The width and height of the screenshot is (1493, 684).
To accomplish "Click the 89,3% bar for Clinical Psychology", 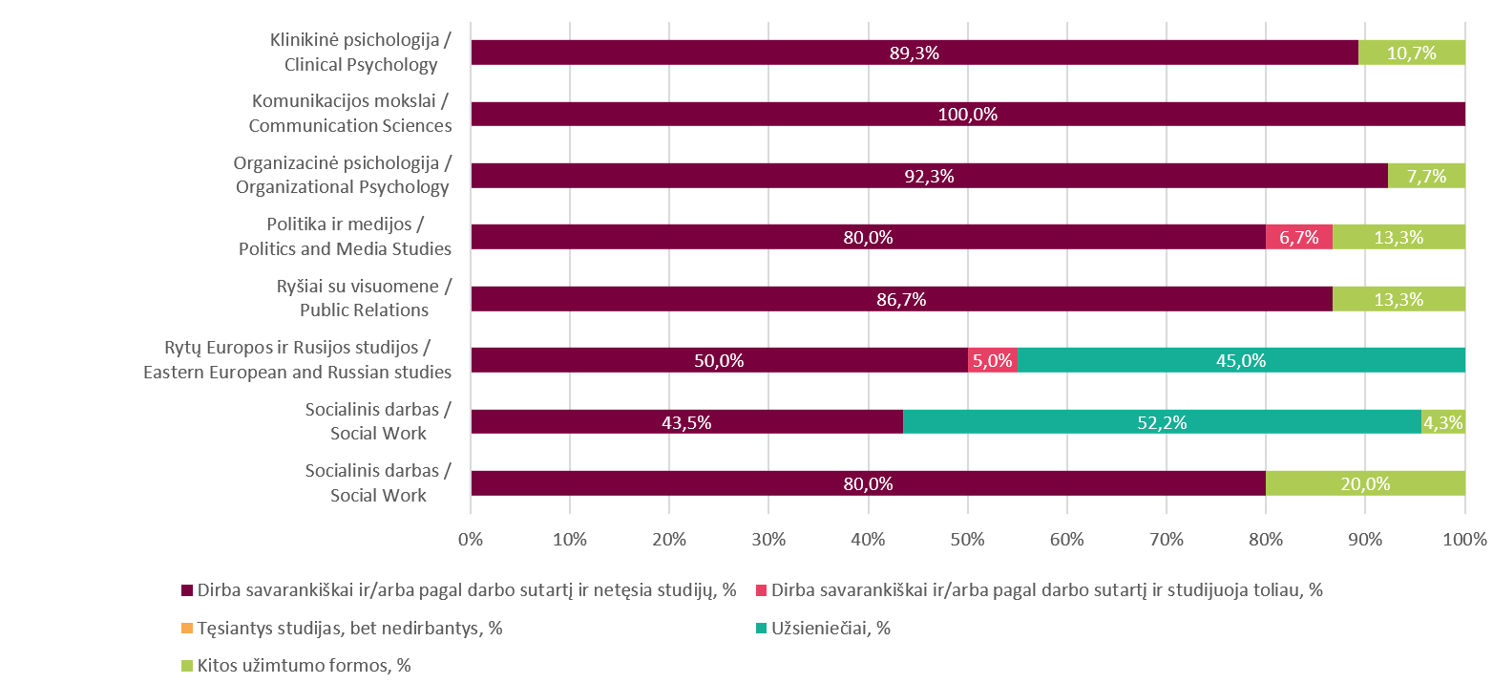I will coord(915,53).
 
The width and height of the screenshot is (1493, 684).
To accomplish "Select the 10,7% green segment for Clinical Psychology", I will coord(1411,53).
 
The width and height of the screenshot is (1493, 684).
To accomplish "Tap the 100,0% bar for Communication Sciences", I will coord(968,114).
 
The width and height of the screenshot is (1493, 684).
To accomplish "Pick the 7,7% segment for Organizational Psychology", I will coord(1426,176).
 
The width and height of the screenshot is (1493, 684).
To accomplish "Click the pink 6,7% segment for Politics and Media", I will coord(1298,237).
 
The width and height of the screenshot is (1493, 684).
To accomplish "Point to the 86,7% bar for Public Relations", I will coord(901,299).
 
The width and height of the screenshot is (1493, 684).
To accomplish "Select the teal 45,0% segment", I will coord(1241,360).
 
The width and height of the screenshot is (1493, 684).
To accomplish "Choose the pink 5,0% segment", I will coord(992,360).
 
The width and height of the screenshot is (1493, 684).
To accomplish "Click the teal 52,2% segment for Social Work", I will coord(1162,422).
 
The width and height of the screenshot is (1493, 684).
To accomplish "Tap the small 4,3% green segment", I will coord(1443,422).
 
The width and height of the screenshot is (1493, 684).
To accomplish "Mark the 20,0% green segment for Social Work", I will coord(1365,483).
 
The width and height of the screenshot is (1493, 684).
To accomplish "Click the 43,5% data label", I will coord(686,422).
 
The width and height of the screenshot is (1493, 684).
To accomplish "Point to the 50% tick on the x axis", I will coord(967,540).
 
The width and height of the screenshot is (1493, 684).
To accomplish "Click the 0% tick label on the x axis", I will coord(471,540).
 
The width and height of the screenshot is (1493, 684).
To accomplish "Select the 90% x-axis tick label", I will coord(1364,540).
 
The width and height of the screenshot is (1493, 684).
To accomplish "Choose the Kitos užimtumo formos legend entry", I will coord(304,665).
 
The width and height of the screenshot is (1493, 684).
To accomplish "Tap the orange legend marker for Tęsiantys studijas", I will coord(187,628).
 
